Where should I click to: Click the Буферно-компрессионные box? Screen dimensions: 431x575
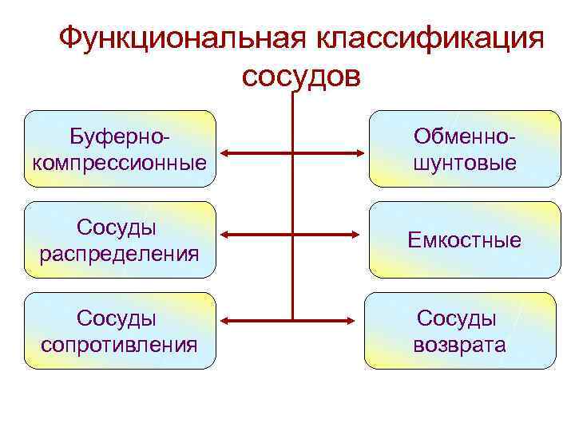coord(120,149)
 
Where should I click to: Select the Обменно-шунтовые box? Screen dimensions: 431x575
coord(464,149)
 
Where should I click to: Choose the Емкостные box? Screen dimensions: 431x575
coord(464,239)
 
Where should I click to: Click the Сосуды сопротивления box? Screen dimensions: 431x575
coord(120,330)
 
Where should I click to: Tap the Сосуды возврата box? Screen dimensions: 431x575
coord(459,330)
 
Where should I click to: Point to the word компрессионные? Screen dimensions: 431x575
coord(120,163)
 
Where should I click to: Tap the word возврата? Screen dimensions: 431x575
coord(459,345)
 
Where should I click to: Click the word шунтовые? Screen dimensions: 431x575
coord(464,163)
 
